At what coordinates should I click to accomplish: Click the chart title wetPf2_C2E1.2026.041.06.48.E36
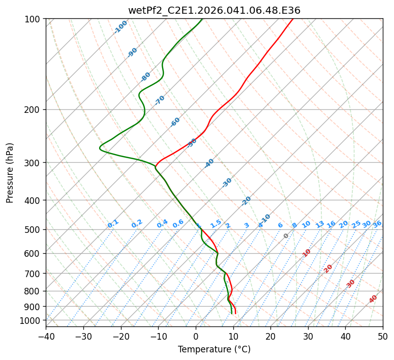pyautogui.click(x=214, y=10)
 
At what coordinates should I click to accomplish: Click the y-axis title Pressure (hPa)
pyautogui.click(x=10, y=172)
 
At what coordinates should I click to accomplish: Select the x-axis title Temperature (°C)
pyautogui.click(x=214, y=349)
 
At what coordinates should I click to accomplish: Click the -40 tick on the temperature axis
pyautogui.click(x=46, y=337)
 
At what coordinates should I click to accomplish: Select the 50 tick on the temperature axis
pyautogui.click(x=383, y=337)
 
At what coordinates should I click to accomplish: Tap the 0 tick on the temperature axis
pyautogui.click(x=196, y=337)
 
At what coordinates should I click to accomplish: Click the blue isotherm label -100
pyautogui.click(x=120, y=27)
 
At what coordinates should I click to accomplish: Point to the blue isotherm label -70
pyautogui.click(x=160, y=100)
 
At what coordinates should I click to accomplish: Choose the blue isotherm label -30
pyautogui.click(x=227, y=183)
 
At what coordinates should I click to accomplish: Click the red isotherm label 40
pyautogui.click(x=373, y=299)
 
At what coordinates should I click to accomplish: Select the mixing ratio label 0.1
pyautogui.click(x=113, y=223)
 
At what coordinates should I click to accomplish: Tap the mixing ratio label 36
pyautogui.click(x=377, y=224)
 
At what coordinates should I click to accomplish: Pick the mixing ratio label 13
pyautogui.click(x=320, y=224)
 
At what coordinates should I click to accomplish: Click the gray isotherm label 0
pyautogui.click(x=286, y=236)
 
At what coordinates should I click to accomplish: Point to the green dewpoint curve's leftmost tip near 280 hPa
pyautogui.click(x=100, y=148)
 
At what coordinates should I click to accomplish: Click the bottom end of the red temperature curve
pyautogui.click(x=235, y=313)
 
